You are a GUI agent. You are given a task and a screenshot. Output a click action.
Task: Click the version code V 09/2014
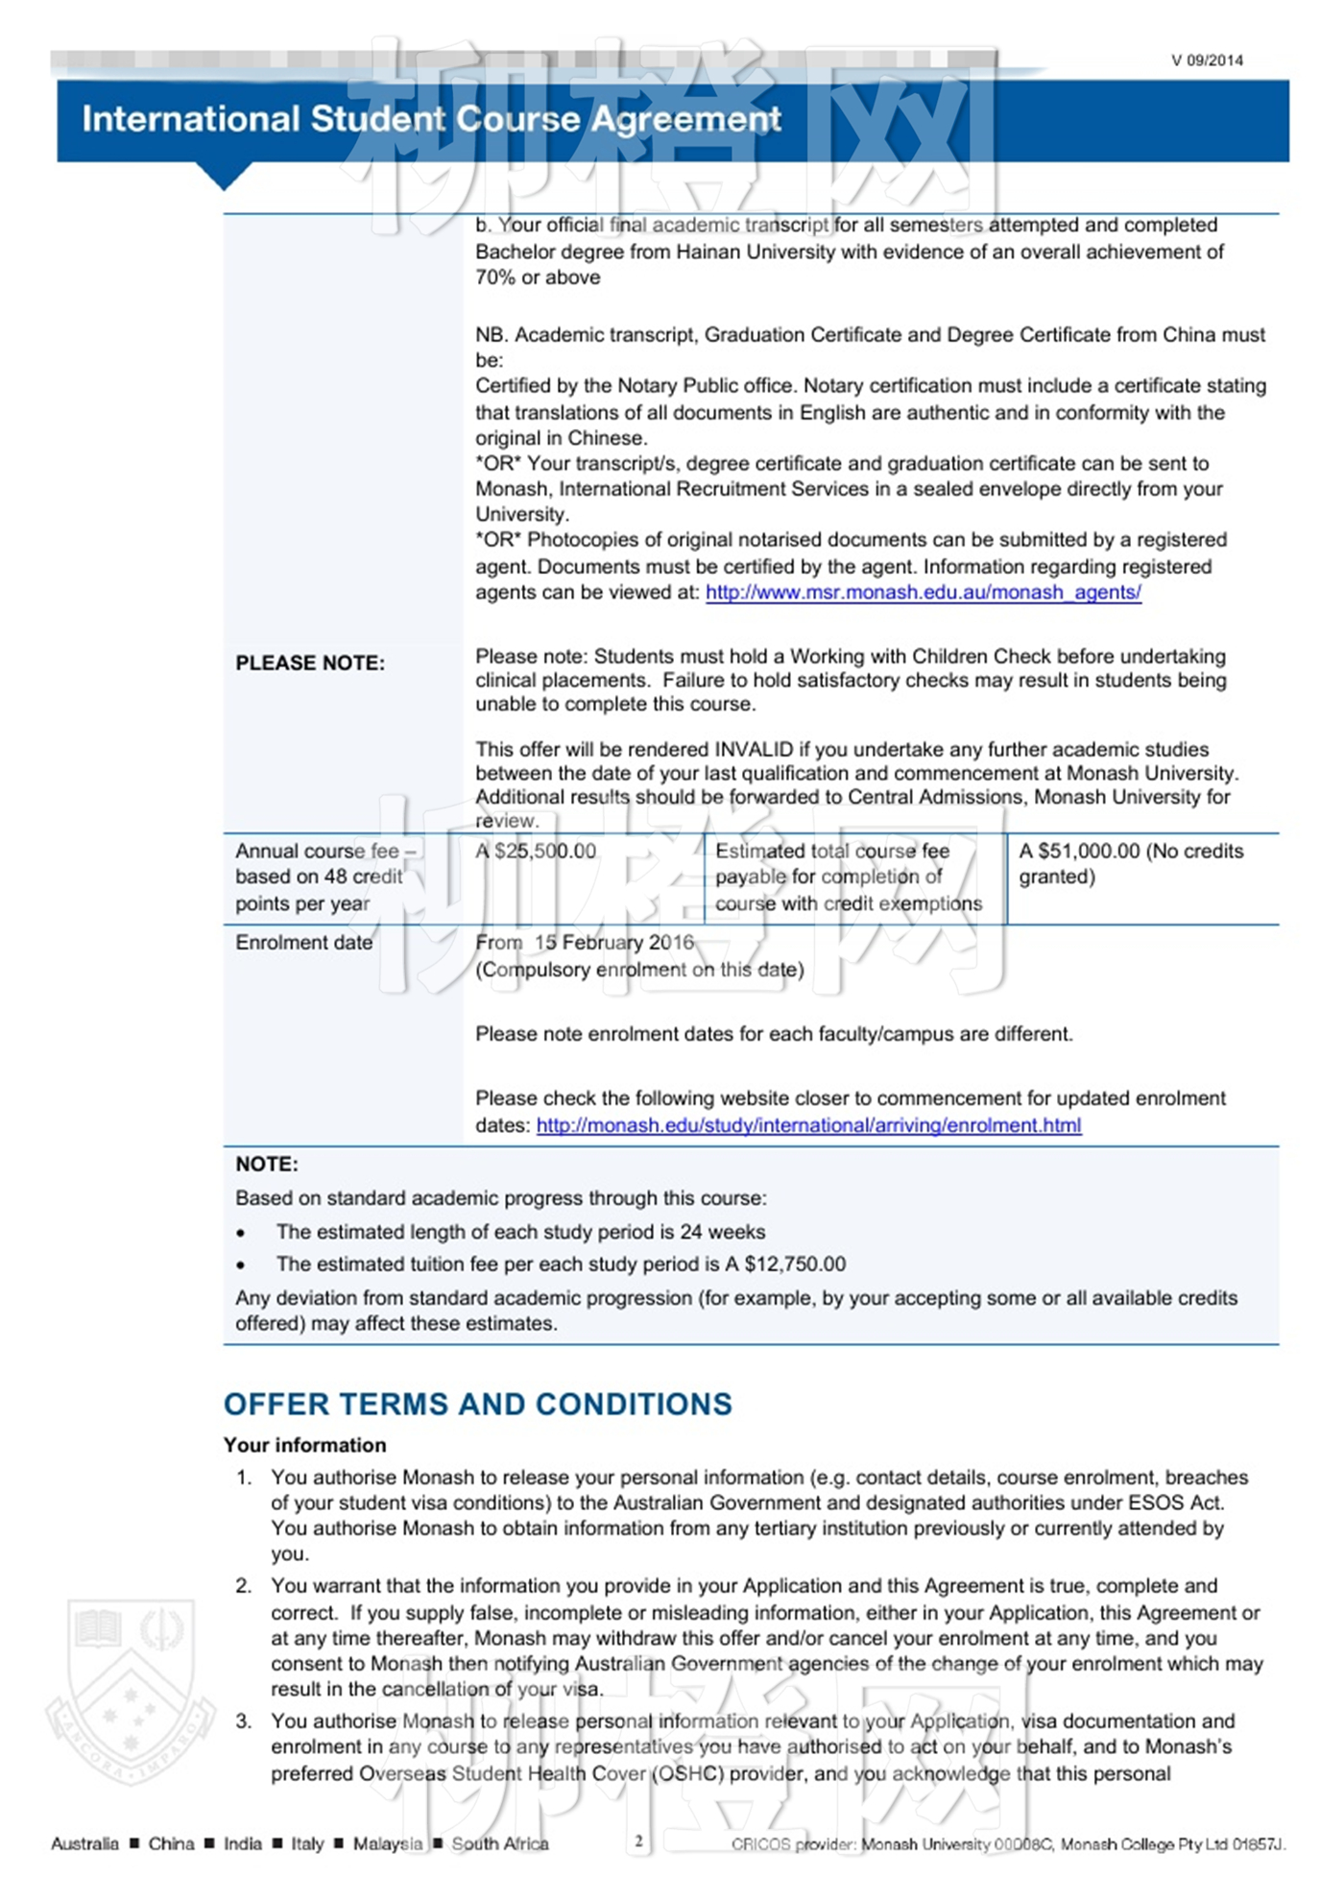1206,60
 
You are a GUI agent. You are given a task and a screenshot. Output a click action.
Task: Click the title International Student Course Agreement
431,119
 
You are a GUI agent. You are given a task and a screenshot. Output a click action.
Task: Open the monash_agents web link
923,592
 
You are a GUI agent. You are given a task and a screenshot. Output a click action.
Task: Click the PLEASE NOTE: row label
310,663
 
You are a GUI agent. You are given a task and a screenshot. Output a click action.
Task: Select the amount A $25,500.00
536,852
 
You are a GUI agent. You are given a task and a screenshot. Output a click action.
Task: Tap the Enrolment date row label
303,943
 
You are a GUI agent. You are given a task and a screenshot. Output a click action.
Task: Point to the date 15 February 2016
613,943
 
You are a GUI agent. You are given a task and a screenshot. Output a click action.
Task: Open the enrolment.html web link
808,1125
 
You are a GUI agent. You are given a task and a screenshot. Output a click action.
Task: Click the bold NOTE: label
267,1165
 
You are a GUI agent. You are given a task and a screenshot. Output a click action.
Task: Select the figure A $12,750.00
785,1264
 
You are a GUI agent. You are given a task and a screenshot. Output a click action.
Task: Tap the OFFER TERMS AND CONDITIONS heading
478,1404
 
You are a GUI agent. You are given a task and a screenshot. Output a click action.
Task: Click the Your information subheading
304,1445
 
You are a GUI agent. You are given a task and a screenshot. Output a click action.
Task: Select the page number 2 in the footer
638,1841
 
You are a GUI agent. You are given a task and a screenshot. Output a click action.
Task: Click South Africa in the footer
499,1843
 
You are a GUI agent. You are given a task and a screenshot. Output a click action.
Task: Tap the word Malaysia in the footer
387,1843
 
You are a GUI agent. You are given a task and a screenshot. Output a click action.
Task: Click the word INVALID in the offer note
753,750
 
